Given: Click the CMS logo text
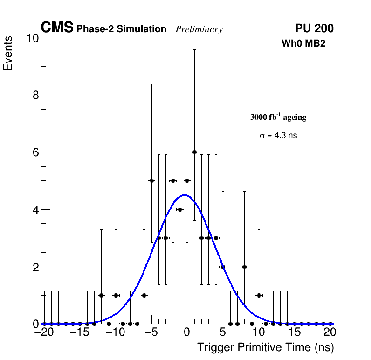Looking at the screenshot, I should [57, 28].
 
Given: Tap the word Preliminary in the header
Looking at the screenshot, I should [199, 29].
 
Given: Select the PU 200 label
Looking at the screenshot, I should [314, 28].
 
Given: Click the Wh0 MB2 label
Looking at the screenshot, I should [303, 44].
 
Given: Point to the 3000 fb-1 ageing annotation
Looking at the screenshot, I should [278, 117].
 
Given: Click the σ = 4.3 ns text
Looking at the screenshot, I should [278, 136].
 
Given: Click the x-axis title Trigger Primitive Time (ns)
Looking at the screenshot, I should [266, 347].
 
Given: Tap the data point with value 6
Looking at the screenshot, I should [194, 152].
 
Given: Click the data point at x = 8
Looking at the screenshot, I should [244, 267].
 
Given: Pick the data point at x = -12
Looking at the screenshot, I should [101, 295].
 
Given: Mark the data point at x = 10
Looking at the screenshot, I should [259, 295].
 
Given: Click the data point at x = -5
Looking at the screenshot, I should [151, 180].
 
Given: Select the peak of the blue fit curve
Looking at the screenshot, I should [185, 195].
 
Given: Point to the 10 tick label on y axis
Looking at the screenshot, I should [32, 38].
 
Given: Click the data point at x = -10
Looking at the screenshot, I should [116, 295].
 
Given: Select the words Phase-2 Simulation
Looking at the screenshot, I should [121, 29].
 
